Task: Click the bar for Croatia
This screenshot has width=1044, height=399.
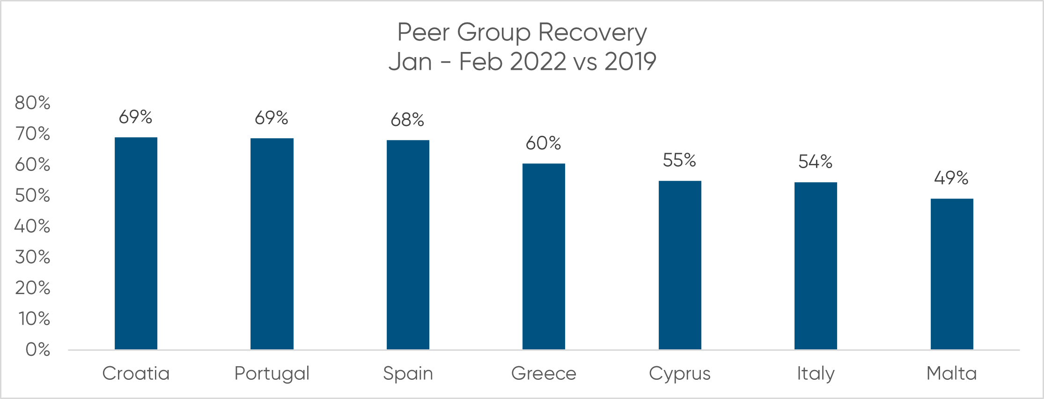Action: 136,244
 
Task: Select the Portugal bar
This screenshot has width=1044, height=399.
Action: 272,244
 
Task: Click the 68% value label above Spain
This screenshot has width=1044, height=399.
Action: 407,120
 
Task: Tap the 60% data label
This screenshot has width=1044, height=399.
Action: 543,143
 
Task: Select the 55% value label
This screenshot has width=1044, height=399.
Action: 679,161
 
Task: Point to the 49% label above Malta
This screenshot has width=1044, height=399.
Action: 951,178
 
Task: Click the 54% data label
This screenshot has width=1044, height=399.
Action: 815,162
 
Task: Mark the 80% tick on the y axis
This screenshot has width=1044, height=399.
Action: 32,103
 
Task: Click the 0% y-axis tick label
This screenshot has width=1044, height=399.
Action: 38,349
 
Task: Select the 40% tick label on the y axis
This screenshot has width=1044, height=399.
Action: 32,226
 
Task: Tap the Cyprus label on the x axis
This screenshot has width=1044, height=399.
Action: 680,374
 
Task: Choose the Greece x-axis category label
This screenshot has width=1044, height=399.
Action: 544,374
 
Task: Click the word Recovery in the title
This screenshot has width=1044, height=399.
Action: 592,33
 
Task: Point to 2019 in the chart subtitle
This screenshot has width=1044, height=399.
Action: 630,62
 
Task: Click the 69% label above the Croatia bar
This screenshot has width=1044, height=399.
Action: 135,117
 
